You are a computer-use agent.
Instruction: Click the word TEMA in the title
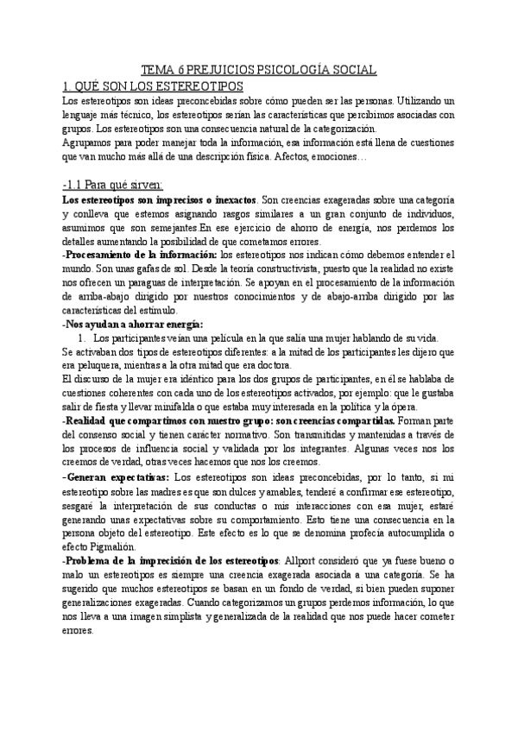(157, 72)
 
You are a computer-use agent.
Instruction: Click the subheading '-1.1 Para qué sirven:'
(118, 184)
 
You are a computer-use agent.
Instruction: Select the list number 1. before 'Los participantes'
(82, 338)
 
